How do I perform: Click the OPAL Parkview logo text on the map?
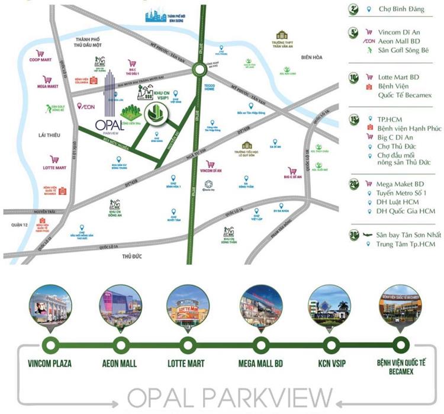coord(108,125)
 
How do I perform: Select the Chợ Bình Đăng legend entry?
coord(399,9)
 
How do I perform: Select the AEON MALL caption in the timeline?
coord(121,363)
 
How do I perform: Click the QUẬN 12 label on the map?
coord(19,226)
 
